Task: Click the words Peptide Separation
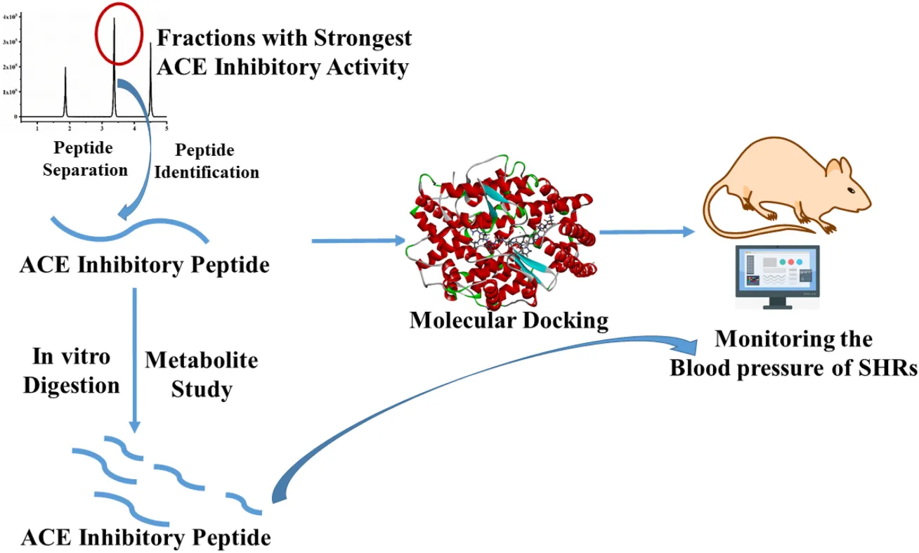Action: (x=85, y=160)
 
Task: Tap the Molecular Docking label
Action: (x=509, y=320)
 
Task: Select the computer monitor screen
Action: (x=778, y=271)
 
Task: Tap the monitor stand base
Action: (x=778, y=307)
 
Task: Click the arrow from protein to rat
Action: (x=646, y=231)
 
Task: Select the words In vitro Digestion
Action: (x=72, y=371)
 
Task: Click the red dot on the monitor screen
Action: (x=792, y=261)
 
